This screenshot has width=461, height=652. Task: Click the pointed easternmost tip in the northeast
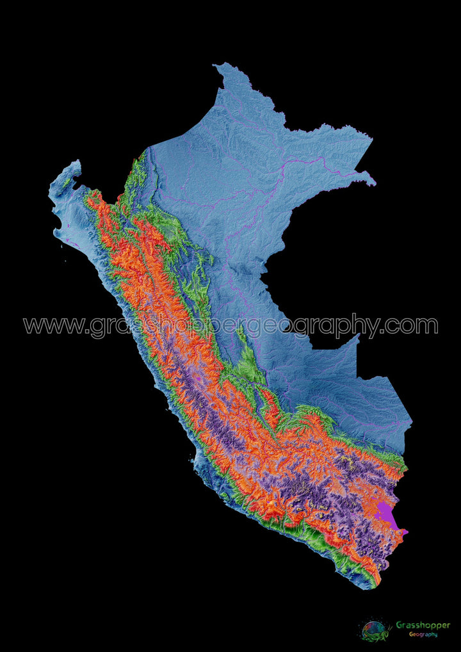coord(375,184)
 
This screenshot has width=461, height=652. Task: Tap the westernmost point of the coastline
coord(50,190)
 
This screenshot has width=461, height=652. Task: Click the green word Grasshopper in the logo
coord(423,624)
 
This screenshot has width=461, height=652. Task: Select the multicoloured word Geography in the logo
coord(423,634)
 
